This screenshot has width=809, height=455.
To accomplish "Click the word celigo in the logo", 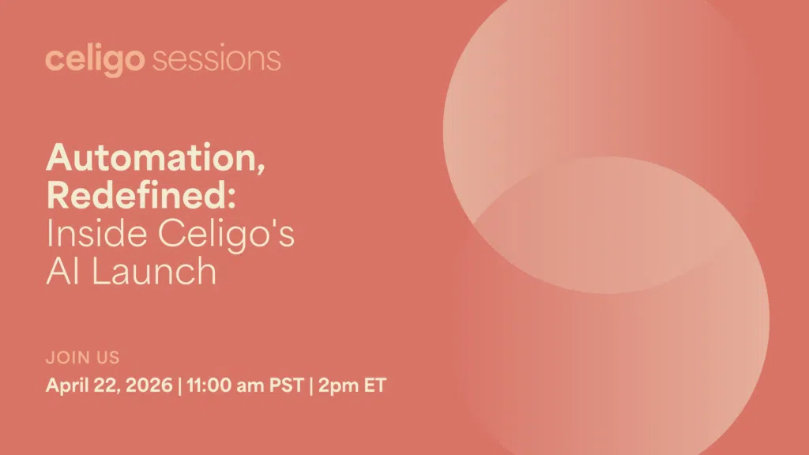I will [x=95, y=60].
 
